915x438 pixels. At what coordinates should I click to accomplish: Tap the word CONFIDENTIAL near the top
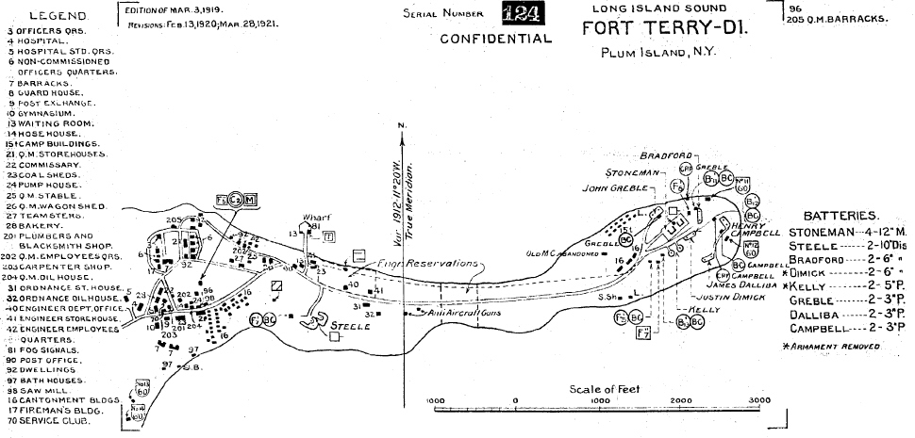pos(495,40)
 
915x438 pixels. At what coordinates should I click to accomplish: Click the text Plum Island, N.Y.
pos(658,52)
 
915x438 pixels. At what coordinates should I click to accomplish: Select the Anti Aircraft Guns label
pos(458,312)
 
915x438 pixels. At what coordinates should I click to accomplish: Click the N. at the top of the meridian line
pos(403,125)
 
